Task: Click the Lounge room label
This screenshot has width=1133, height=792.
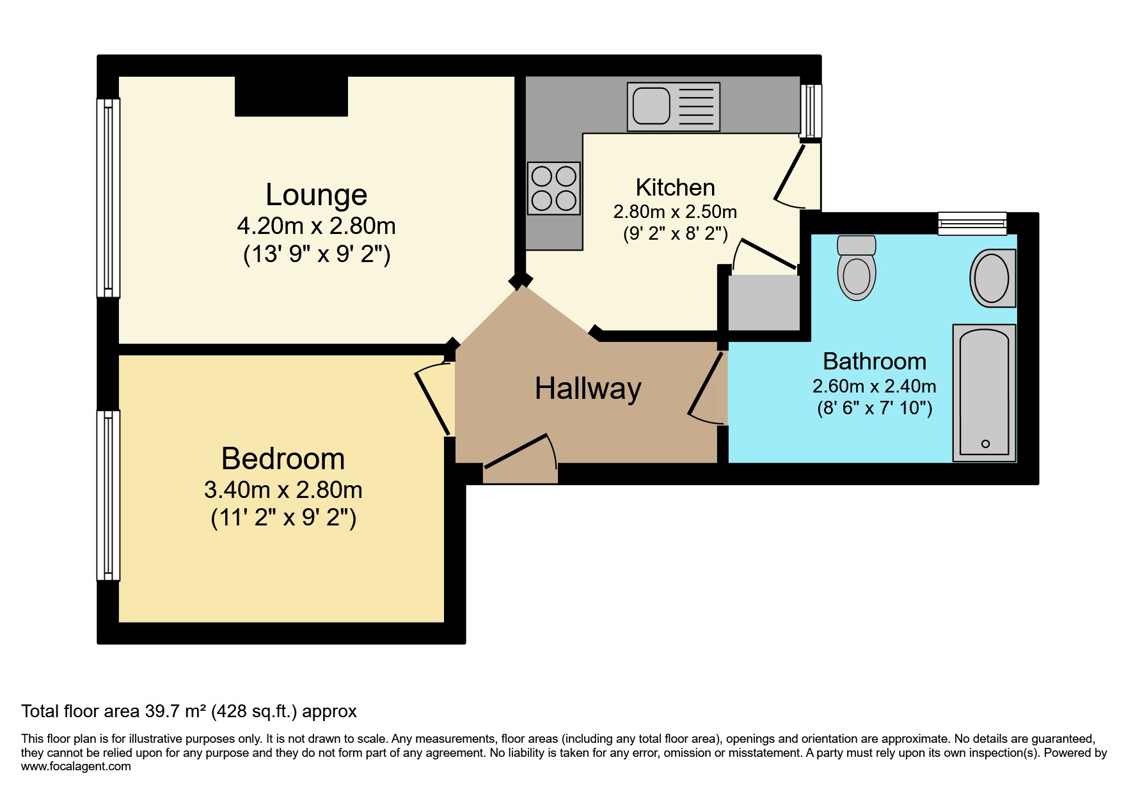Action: pyautogui.click(x=316, y=195)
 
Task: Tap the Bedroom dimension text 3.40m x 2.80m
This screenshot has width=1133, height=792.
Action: pyautogui.click(x=283, y=490)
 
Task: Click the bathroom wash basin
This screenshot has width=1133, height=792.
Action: pyautogui.click(x=992, y=279)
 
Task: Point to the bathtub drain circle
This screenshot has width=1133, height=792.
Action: pyautogui.click(x=985, y=444)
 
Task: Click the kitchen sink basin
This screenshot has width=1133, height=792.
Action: pyautogui.click(x=651, y=106)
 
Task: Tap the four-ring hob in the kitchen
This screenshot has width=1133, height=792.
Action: pyautogui.click(x=554, y=188)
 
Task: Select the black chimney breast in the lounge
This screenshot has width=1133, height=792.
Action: pyautogui.click(x=291, y=97)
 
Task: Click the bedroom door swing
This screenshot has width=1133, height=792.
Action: pyautogui.click(x=433, y=399)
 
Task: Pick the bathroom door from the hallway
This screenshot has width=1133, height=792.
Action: pyautogui.click(x=706, y=389)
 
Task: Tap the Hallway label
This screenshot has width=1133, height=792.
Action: pyautogui.click(x=588, y=389)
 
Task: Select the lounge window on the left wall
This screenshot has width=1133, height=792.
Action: pyautogui.click(x=108, y=198)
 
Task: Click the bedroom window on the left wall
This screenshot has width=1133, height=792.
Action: pyautogui.click(x=108, y=495)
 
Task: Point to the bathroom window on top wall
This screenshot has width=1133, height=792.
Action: pyautogui.click(x=972, y=223)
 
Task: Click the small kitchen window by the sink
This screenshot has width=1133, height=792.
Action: pyautogui.click(x=811, y=111)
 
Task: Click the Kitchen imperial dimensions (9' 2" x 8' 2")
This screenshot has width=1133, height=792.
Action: pyautogui.click(x=675, y=234)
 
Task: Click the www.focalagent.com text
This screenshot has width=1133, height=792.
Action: pyautogui.click(x=75, y=766)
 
